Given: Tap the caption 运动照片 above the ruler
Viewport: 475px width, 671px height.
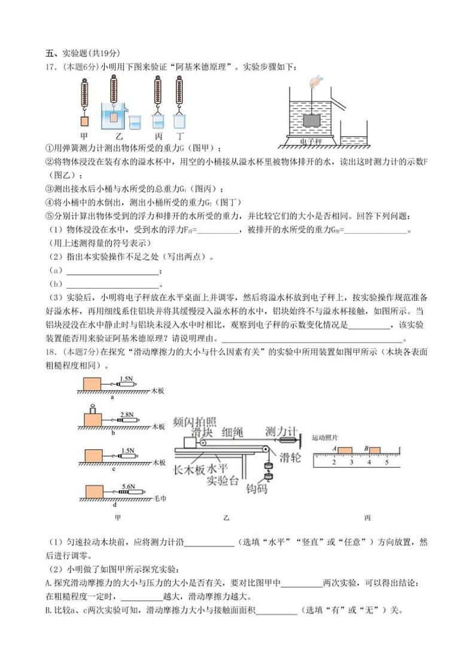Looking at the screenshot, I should (x=325, y=438).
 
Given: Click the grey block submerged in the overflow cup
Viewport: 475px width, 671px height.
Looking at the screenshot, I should (x=312, y=120).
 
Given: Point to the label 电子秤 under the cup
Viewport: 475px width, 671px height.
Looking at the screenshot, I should (x=312, y=142).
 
